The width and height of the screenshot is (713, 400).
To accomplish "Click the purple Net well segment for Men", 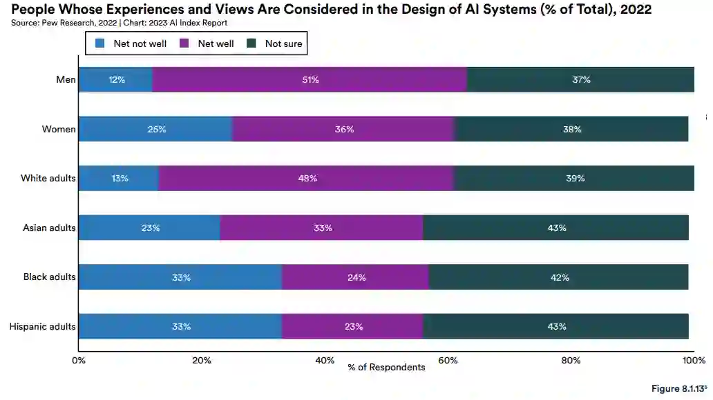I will point(309,79).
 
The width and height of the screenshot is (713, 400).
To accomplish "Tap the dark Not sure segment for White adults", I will point(574,178).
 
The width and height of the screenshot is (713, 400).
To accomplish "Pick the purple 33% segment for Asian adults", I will point(321,228).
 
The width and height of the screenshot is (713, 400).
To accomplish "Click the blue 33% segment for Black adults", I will point(180,277).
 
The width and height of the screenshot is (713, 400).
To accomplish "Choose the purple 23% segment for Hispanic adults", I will point(352,326).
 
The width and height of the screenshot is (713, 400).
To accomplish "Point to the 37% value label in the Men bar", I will point(581,79).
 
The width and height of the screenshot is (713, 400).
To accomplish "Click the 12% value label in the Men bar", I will point(116,79).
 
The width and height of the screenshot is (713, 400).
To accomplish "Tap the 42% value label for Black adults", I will point(560,277).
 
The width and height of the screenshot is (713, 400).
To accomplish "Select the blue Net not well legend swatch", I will point(99,43).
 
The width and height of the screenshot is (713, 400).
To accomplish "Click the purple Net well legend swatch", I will point(184,43).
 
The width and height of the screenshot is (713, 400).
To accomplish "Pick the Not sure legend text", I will point(283,43).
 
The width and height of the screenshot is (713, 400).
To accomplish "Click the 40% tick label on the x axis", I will point(325,361).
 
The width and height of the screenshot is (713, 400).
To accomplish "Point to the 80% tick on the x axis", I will point(571,361).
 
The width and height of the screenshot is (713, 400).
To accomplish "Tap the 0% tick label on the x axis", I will point(79,361).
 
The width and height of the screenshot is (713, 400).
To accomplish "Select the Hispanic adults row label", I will point(42,326).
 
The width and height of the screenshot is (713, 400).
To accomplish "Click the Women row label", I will point(58,129).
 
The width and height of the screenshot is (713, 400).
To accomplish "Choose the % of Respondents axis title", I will point(386,367).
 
